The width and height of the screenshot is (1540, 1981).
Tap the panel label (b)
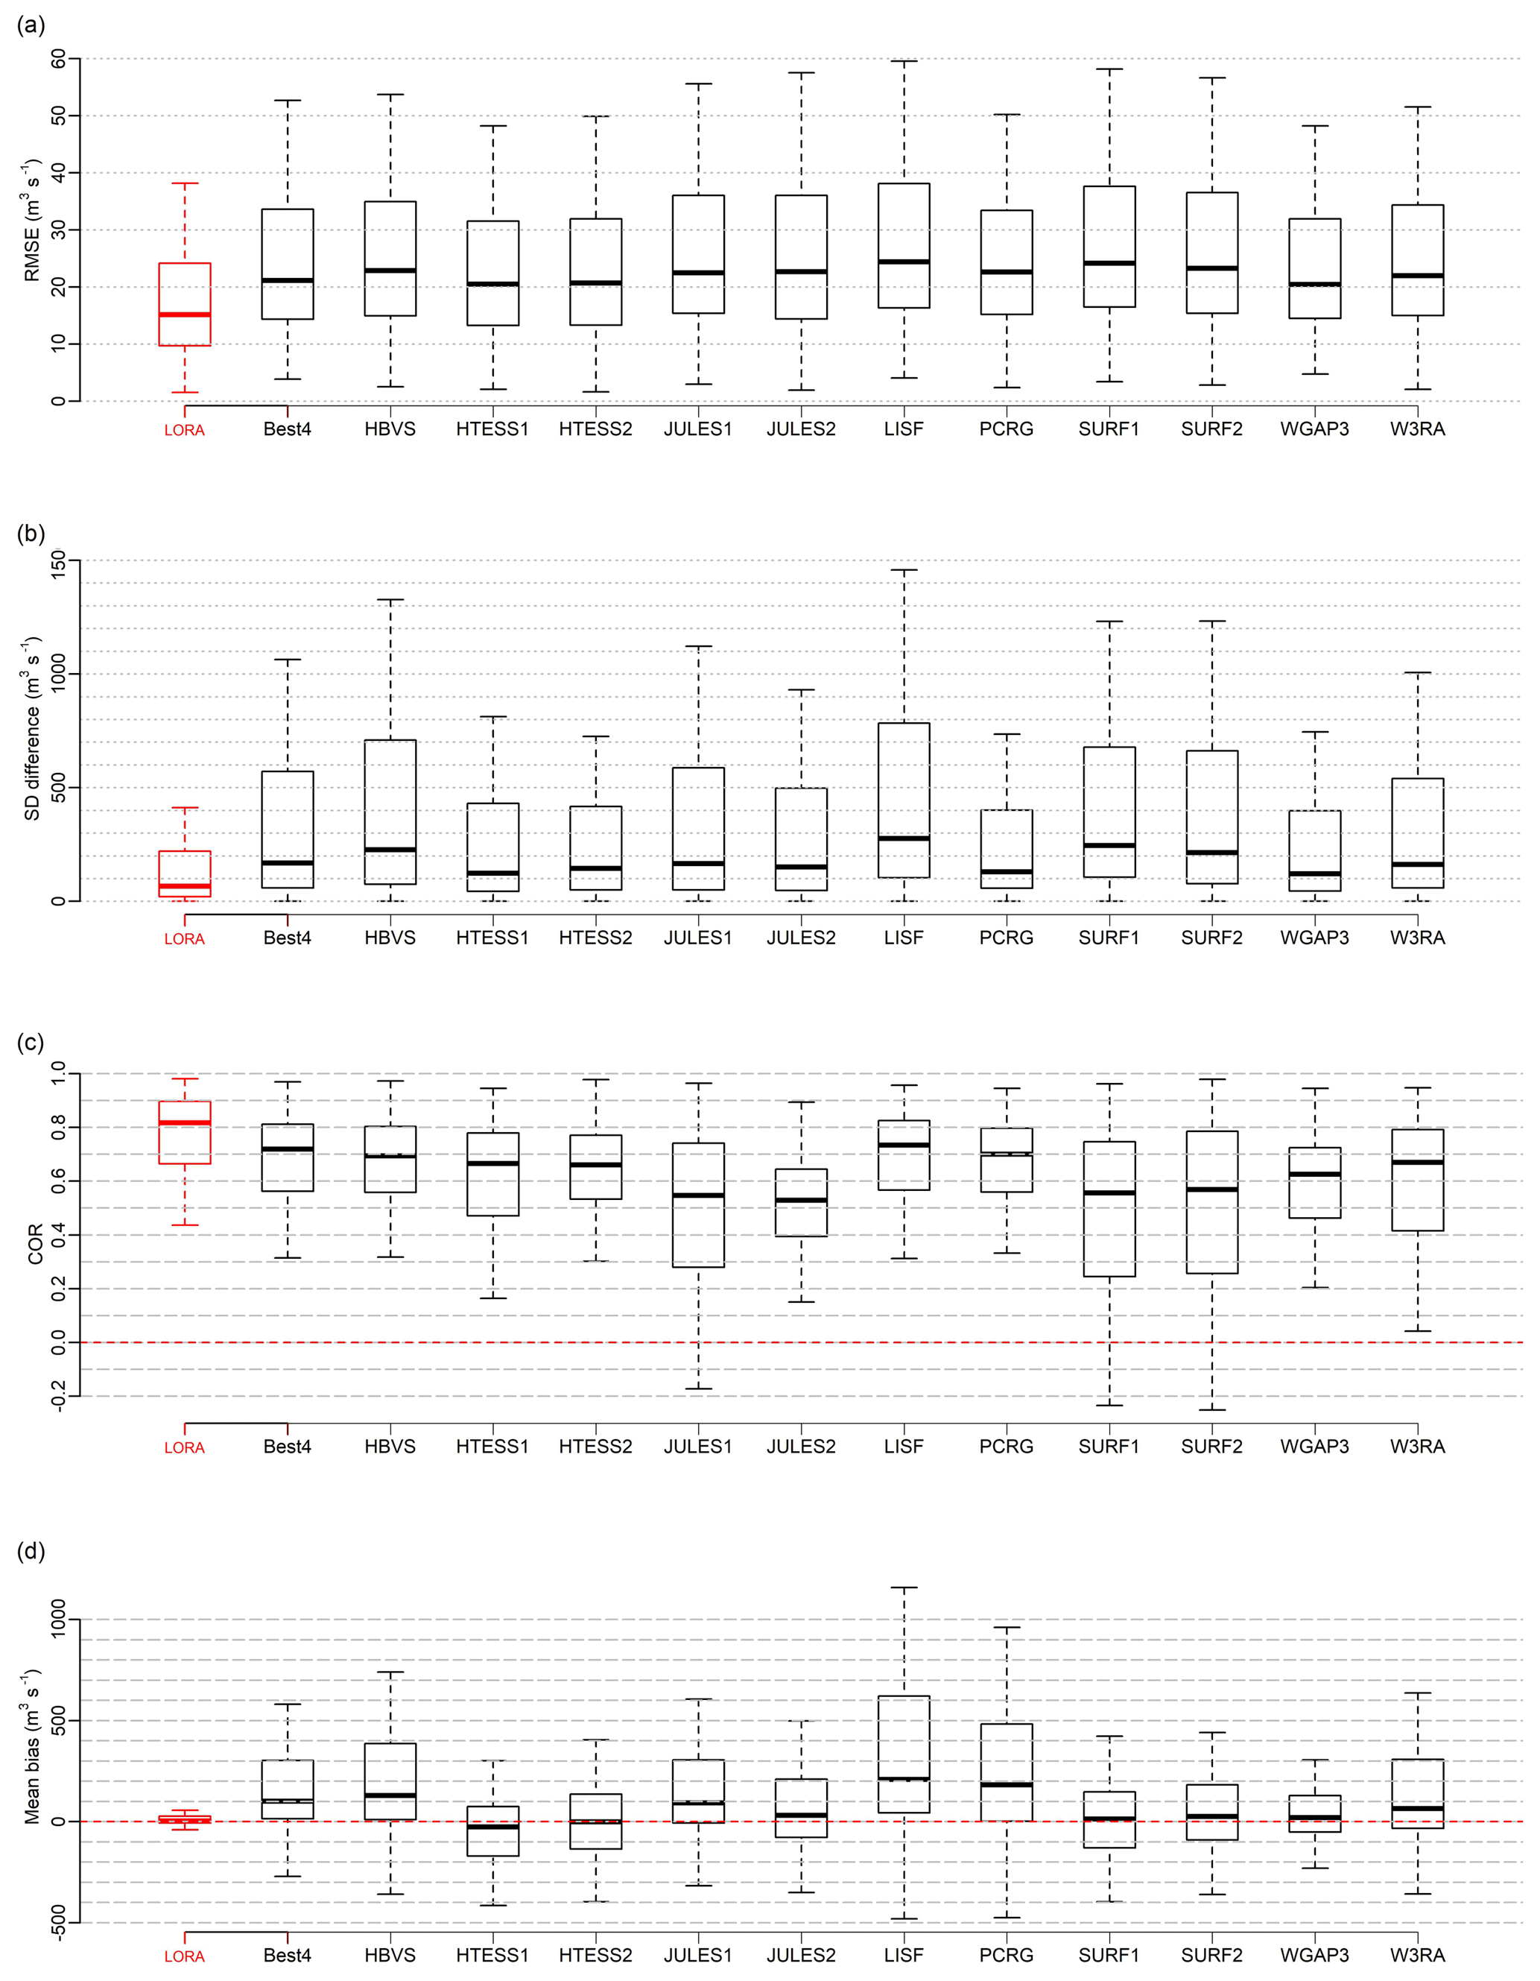(x=31, y=534)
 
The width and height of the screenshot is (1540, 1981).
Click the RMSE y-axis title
(x=32, y=221)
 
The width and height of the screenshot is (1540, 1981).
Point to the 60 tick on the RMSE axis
(x=60, y=59)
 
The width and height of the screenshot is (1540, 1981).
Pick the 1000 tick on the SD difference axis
(x=60, y=674)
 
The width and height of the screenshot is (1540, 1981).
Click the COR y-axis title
(x=35, y=1244)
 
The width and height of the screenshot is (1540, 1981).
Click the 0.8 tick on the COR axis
(x=60, y=1128)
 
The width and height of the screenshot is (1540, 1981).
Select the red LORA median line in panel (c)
(x=185, y=1123)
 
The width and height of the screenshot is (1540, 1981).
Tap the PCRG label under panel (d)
(x=1006, y=1956)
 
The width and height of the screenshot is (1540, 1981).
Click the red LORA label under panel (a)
(x=184, y=431)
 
